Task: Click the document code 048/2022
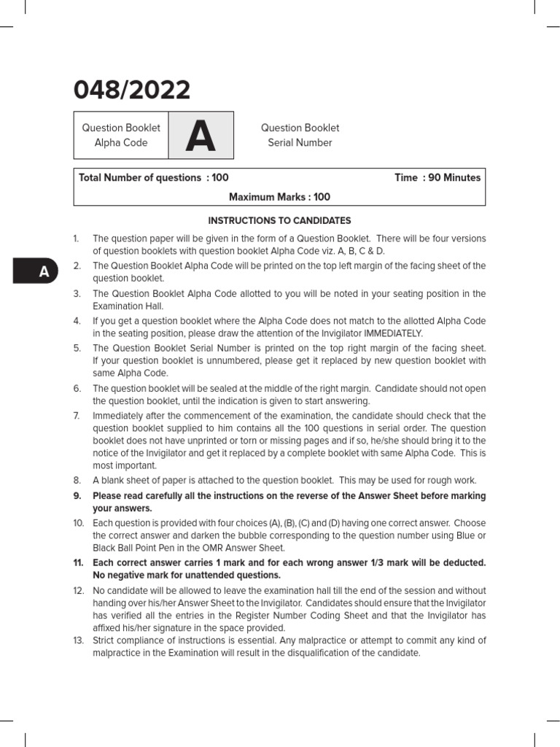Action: click(132, 90)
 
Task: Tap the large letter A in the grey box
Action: click(201, 136)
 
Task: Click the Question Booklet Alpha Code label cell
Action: click(121, 136)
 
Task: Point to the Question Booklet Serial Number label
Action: click(300, 136)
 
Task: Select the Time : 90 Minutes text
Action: click(437, 178)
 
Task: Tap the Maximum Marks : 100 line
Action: click(279, 197)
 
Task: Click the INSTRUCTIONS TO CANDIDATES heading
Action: click(279, 220)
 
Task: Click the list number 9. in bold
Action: click(77, 496)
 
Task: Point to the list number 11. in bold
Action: click(79, 563)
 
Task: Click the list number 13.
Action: click(79, 640)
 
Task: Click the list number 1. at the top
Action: click(77, 239)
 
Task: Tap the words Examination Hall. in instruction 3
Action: click(125, 306)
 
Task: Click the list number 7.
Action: click(77, 416)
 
